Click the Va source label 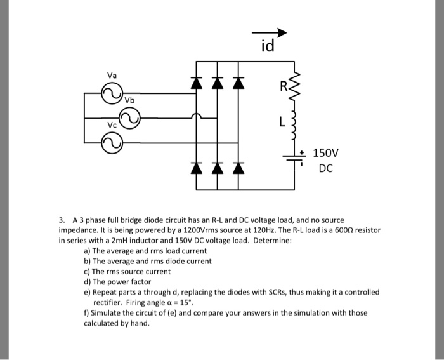click(x=112, y=75)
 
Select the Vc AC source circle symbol click(x=113, y=145)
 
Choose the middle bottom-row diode click(x=218, y=168)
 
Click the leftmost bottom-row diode click(x=198, y=168)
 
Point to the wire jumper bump click(x=198, y=117)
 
